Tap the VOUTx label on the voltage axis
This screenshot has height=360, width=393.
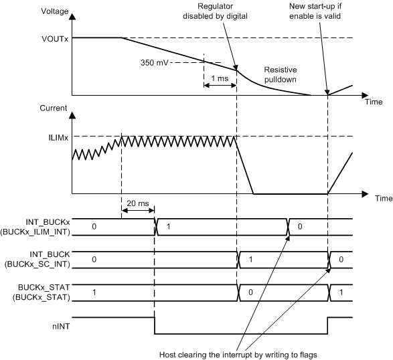pyautogui.click(x=54, y=38)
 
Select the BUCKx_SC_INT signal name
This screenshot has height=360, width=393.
pyautogui.click(x=38, y=264)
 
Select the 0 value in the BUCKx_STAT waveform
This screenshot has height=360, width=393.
pyautogui.click(x=250, y=291)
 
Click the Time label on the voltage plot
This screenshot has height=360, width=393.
pyautogui.click(x=374, y=102)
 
